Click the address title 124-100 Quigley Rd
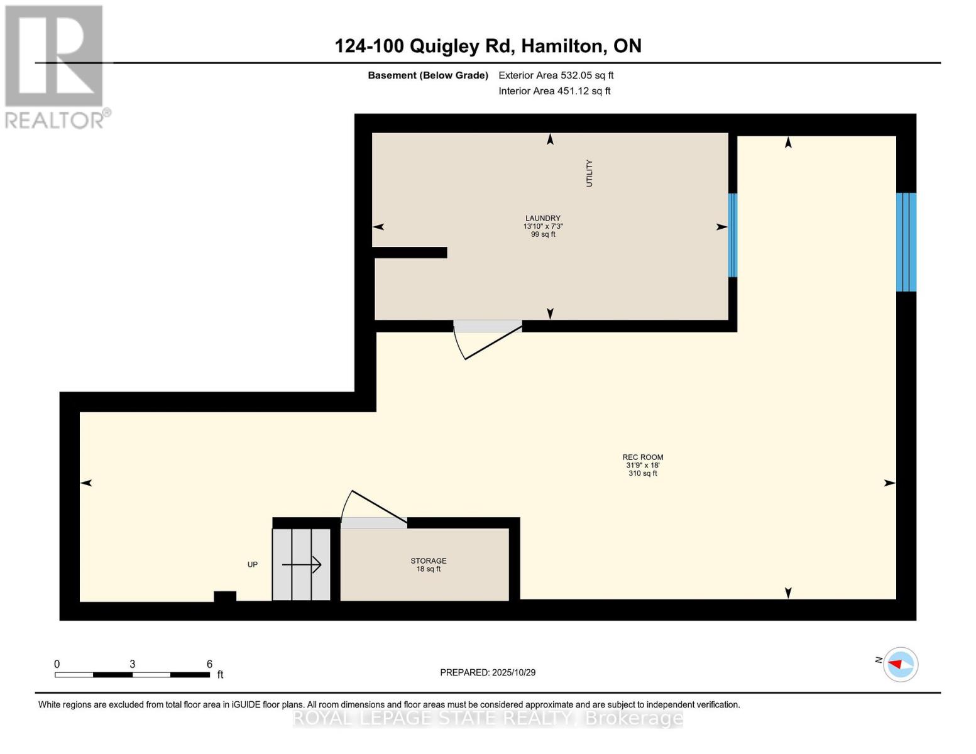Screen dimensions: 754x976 (488, 46)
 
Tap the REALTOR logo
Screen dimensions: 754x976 (55, 66)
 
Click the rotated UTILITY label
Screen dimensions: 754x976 (589, 173)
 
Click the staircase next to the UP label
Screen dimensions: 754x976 (302, 564)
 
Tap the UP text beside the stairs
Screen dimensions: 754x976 (253, 564)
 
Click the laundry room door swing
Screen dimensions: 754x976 (486, 340)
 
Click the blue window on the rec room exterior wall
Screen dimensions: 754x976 (906, 242)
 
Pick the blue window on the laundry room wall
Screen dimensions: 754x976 (732, 235)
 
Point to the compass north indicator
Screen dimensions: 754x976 (900, 664)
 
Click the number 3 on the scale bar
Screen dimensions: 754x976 (132, 664)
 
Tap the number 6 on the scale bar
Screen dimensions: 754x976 (209, 664)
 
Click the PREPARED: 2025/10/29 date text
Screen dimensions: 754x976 (488, 672)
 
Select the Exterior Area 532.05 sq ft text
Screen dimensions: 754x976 (556, 75)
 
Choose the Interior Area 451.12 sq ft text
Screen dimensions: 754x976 (554, 91)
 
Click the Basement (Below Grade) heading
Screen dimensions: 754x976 (428, 75)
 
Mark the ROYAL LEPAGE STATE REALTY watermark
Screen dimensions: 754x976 (488, 718)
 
